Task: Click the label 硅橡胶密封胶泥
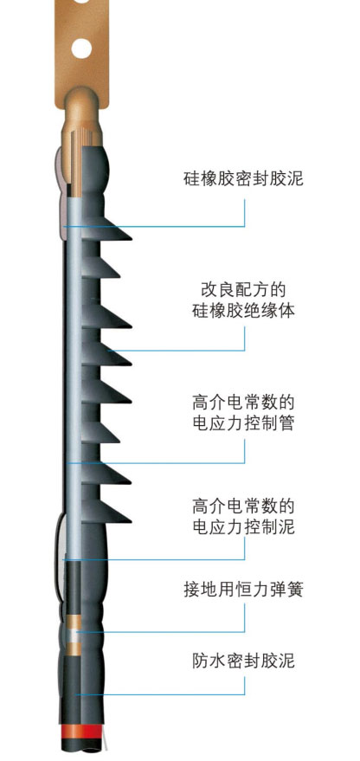(243, 178)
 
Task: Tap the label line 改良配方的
(243, 290)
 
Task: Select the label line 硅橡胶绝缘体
(243, 310)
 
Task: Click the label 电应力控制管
(243, 422)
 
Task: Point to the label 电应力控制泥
(243, 526)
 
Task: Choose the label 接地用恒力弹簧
(243, 590)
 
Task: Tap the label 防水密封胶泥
(243, 661)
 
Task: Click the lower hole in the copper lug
(81, 48)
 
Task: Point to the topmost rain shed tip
(132, 238)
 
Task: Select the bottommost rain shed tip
(131, 521)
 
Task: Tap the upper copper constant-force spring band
(75, 621)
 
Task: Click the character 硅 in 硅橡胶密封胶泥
(191, 178)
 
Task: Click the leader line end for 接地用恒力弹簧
(76, 631)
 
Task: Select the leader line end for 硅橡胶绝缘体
(108, 350)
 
